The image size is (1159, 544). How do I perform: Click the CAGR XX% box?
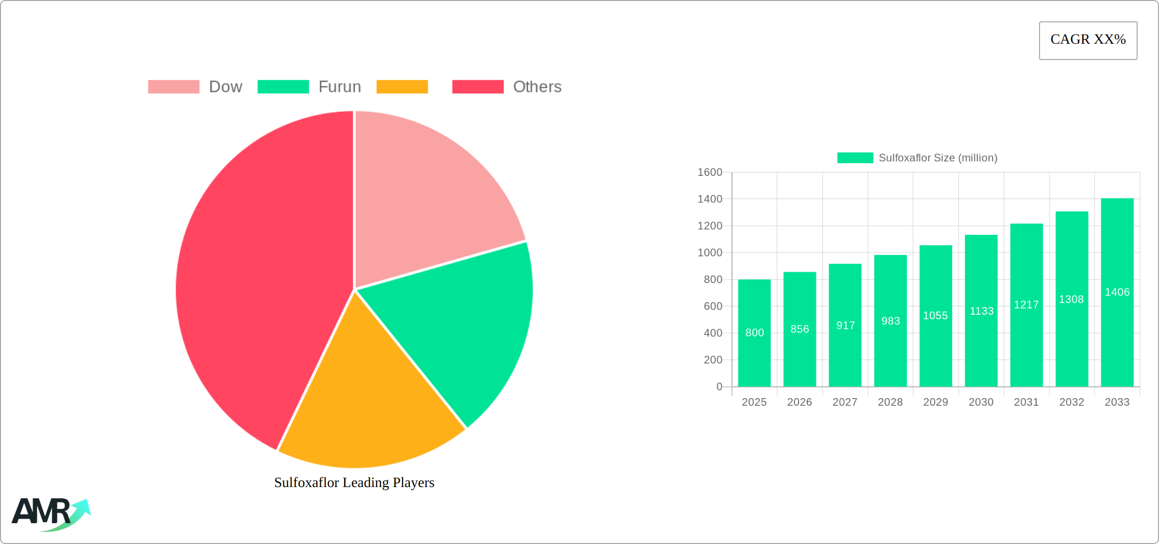1088,40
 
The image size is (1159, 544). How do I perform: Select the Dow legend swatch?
173,87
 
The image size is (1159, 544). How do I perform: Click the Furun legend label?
340,87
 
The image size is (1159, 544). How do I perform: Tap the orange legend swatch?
402,87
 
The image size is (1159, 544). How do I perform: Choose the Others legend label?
537,87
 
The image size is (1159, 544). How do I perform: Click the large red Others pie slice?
254,280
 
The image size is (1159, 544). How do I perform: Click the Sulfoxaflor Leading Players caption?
354,482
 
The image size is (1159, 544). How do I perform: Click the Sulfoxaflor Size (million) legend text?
938,158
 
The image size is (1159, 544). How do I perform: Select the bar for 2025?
754,356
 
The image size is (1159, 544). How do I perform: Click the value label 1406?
1117,292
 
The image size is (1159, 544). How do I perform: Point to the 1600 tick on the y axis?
710,172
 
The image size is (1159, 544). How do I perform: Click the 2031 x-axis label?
1026,402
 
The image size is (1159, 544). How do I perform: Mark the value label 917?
845,325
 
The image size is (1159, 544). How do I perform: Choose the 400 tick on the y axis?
713,333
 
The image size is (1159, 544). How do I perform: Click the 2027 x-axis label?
845,402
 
